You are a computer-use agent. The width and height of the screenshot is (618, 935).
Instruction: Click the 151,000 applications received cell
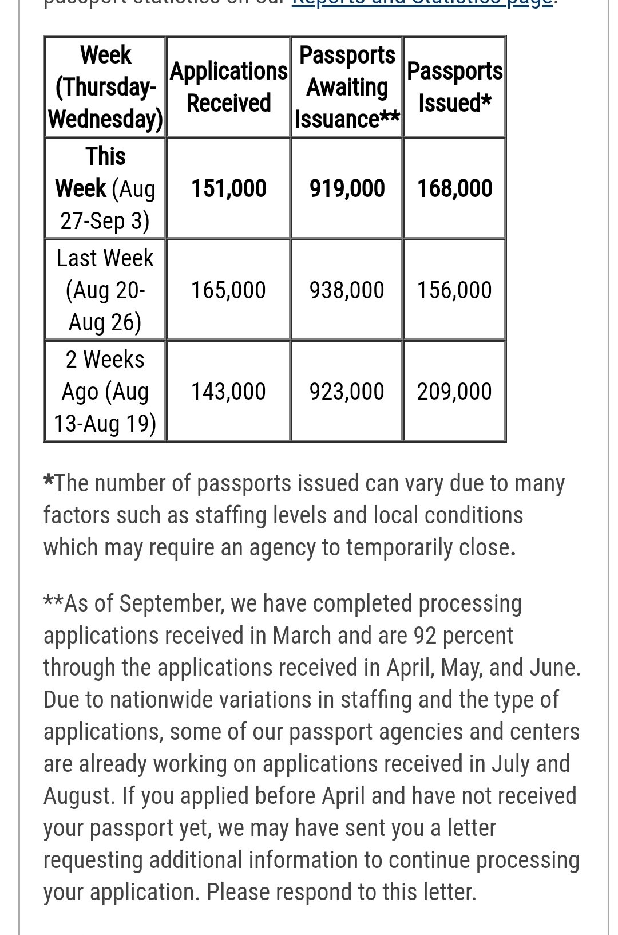point(228,188)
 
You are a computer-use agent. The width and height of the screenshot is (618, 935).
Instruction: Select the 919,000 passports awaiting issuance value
point(347,188)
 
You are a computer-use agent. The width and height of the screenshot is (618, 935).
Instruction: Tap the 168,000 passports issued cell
point(454,188)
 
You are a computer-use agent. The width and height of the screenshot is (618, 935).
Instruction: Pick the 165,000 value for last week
point(228,290)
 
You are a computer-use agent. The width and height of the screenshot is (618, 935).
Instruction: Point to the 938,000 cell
point(347,290)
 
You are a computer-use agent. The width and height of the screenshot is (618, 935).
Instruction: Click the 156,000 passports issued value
point(454,290)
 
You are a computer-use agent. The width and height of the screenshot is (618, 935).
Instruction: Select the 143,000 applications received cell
point(228,392)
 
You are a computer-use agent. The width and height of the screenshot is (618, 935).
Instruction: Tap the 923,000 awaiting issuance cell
point(347,392)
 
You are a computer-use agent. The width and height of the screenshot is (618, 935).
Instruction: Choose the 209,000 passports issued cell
point(454,392)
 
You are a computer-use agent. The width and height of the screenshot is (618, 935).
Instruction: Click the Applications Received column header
point(228,87)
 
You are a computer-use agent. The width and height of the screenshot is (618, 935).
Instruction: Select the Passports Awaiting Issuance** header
point(347,87)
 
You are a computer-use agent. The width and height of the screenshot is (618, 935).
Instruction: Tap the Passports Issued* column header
point(454,87)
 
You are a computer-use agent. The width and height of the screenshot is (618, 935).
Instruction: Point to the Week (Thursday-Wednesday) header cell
point(105,87)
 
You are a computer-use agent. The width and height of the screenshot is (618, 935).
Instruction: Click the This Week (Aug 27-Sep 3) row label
point(105,188)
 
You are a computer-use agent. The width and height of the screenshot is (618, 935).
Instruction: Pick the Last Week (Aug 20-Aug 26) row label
point(105,290)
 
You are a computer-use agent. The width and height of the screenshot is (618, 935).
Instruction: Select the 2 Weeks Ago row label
point(105,392)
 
